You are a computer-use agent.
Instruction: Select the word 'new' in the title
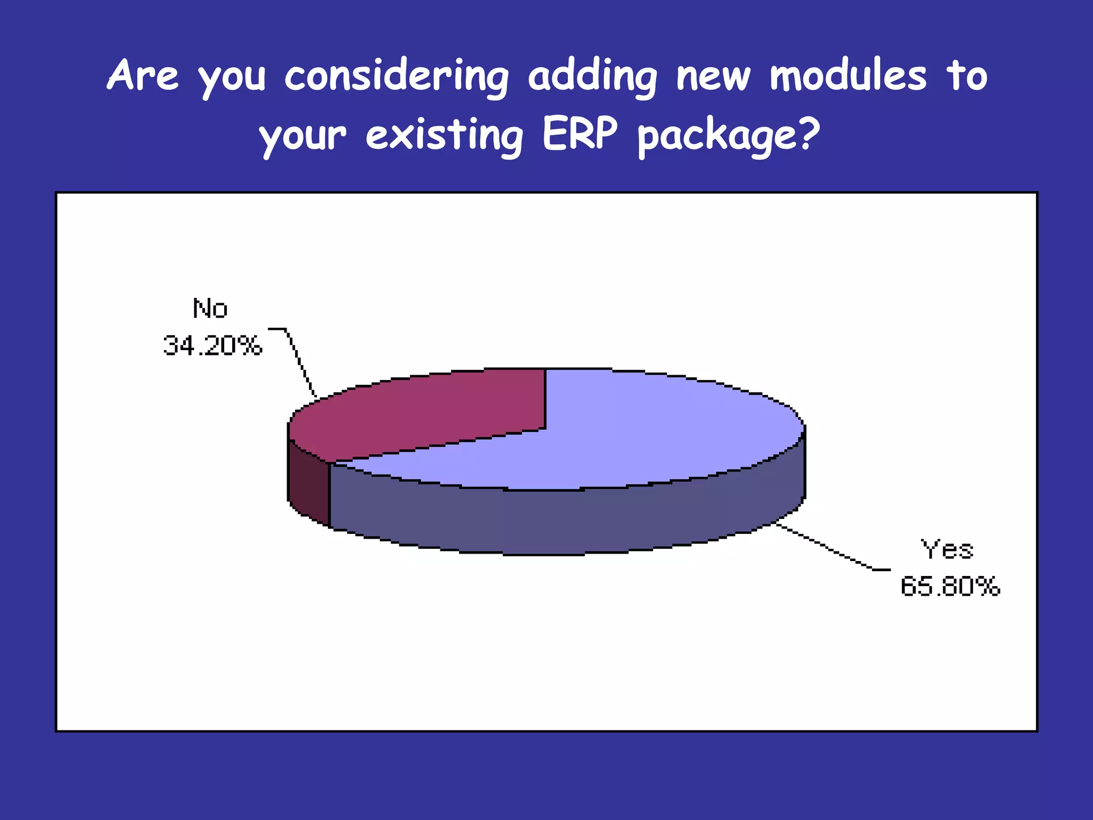pyautogui.click(x=713, y=78)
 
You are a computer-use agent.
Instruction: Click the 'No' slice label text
pyautogui.click(x=210, y=309)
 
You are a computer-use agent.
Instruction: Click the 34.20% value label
pyautogui.click(x=212, y=345)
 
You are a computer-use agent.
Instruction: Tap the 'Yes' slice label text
pyautogui.click(x=947, y=549)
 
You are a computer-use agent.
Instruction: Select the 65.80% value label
pyautogui.click(x=950, y=586)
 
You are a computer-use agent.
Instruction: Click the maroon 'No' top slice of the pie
pyautogui.click(x=427, y=411)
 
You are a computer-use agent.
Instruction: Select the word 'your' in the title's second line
pyautogui.click(x=303, y=136)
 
